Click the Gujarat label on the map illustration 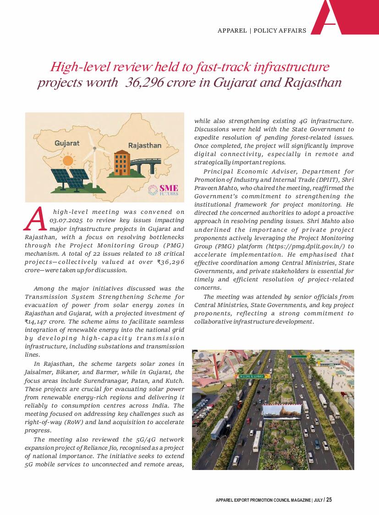(67, 143)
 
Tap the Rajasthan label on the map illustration (144, 146)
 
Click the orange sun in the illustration (68, 161)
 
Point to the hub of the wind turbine (95, 149)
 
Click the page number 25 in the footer (329, 500)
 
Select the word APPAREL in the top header (232, 31)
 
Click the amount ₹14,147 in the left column (38, 322)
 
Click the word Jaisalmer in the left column (38, 372)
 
